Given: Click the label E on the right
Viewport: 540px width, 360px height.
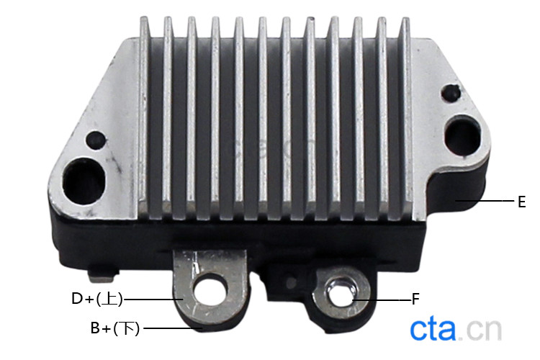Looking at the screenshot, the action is click(522, 202).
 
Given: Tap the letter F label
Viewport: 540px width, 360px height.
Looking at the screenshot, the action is click(415, 299).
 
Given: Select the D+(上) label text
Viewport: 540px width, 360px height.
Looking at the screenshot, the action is click(97, 299).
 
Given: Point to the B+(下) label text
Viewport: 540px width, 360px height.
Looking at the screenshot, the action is click(115, 328).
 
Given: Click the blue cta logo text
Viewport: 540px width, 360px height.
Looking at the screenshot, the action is click(433, 330).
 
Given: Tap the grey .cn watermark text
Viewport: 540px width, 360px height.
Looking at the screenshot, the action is click(480, 330).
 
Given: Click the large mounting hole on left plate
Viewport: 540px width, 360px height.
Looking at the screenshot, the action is click(84, 181).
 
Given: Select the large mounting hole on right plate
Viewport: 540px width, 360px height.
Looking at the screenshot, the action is click(462, 136).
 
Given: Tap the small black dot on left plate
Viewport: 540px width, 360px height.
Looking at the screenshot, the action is click(96, 140).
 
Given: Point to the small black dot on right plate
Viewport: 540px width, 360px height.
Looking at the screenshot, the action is click(451, 93).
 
